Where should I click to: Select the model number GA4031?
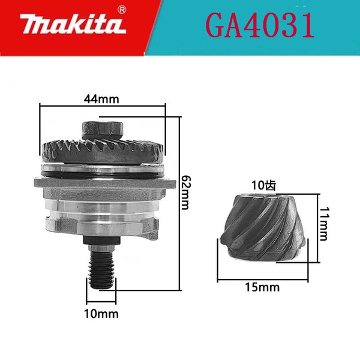tap(260, 25)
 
